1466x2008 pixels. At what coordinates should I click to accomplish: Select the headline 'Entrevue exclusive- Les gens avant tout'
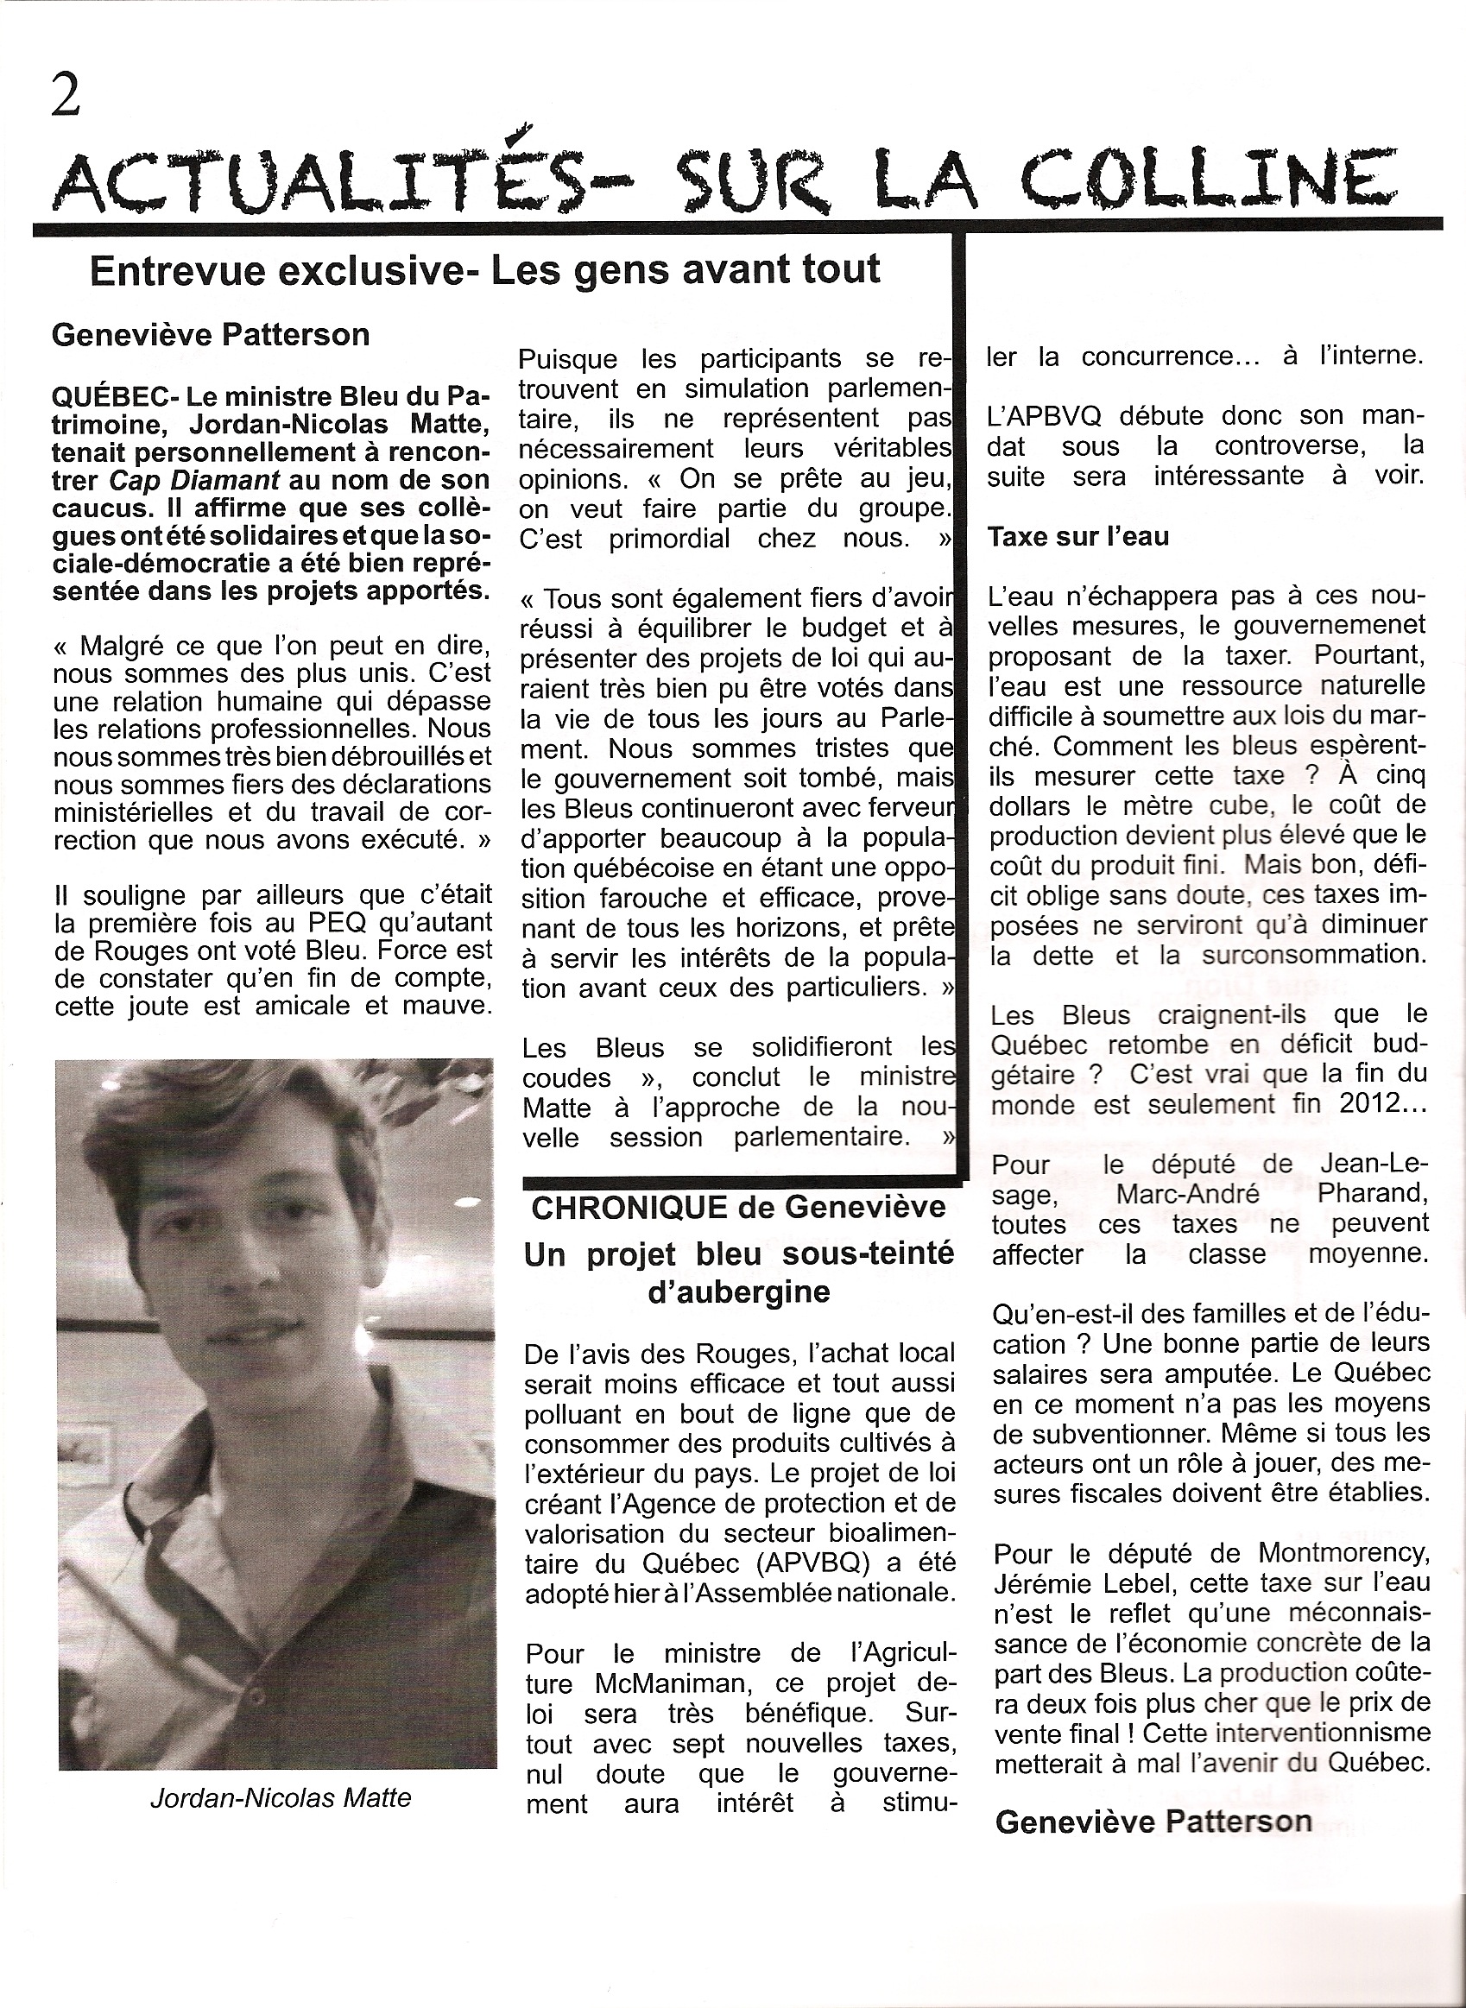coord(485,269)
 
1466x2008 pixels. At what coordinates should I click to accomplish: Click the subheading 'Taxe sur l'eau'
coord(1077,537)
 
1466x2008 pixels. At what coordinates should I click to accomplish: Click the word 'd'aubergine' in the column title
coord(739,1292)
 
